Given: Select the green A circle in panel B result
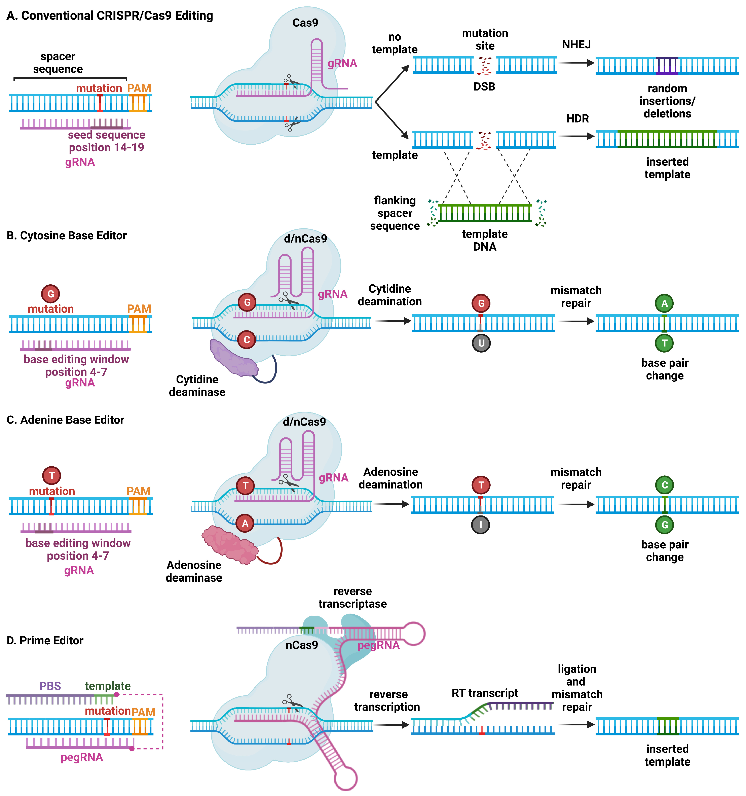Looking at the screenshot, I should pyautogui.click(x=664, y=303).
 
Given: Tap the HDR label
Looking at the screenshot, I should pyautogui.click(x=577, y=118).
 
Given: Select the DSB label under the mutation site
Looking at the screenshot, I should pyautogui.click(x=484, y=86).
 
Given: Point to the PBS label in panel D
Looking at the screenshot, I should pyautogui.click(x=50, y=686).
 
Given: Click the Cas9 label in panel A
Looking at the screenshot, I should pyautogui.click(x=305, y=23).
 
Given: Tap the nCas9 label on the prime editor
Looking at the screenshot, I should pyautogui.click(x=302, y=645).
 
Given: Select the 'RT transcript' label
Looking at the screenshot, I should pyautogui.click(x=485, y=693).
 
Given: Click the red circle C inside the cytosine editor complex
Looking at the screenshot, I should pyautogui.click(x=247, y=340).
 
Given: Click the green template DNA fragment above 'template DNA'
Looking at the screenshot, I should pyautogui.click(x=485, y=213).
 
